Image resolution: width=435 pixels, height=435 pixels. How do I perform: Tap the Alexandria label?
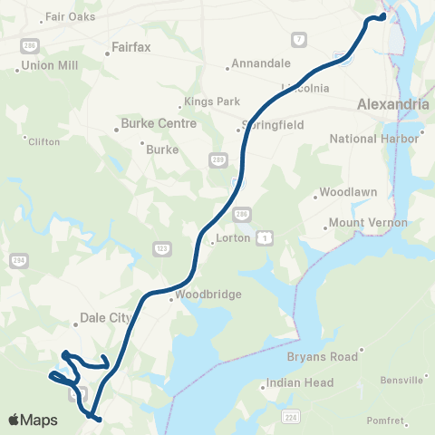click(x=392, y=104)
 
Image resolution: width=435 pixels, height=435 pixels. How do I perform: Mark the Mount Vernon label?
click(x=368, y=222)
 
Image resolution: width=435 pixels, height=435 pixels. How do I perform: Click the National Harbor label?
click(x=374, y=139)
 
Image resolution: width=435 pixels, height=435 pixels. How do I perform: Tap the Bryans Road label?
click(x=324, y=357)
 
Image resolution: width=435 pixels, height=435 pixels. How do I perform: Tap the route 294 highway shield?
click(x=18, y=259)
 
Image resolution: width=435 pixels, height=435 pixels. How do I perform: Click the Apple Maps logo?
click(x=33, y=420)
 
